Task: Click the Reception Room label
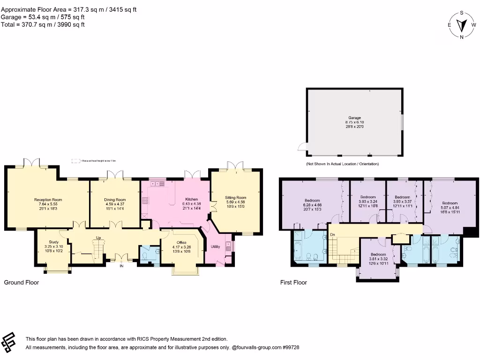(x=48, y=200)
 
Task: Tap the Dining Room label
(x=115, y=200)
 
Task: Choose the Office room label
(x=181, y=242)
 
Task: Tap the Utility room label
(x=215, y=247)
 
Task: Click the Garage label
(x=354, y=118)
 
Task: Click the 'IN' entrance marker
(x=121, y=266)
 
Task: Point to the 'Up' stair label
(x=98, y=238)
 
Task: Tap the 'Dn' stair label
(x=332, y=234)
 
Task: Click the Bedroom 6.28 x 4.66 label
(x=312, y=201)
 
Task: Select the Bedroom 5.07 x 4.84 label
(x=450, y=203)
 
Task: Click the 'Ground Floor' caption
(x=22, y=283)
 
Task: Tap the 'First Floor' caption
(x=293, y=283)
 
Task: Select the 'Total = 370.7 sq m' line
(x=43, y=24)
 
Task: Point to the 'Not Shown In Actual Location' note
(x=342, y=164)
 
